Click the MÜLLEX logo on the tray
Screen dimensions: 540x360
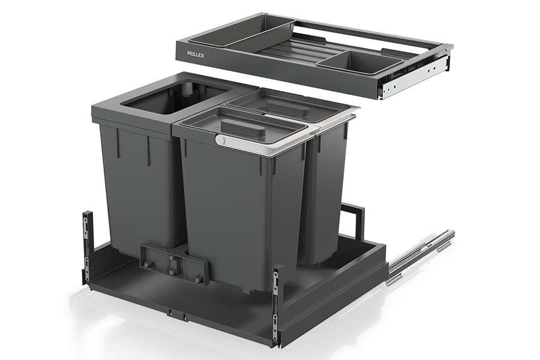click(x=195, y=54)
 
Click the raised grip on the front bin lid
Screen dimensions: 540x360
click(x=245, y=127)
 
